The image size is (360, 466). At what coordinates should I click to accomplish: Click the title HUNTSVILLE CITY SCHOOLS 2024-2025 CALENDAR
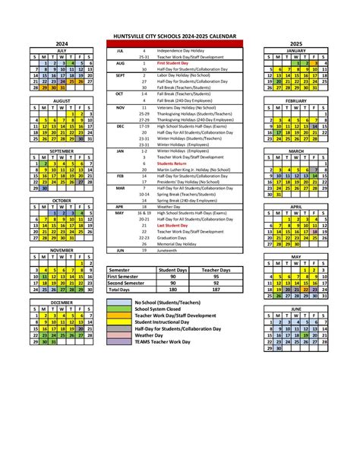pos(179,36)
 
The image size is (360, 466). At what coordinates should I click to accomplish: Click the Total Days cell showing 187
pos(216,290)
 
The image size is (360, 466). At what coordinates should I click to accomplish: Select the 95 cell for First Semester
pos(216,277)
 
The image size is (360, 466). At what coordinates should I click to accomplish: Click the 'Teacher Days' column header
pos(216,270)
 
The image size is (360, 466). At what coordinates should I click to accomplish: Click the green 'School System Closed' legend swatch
pos(120,309)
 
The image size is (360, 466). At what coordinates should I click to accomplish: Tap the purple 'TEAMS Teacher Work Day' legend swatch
pos(120,341)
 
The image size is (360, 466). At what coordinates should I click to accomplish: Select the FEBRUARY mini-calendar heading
pos(295,100)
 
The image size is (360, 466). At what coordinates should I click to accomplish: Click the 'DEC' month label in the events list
pos(120,125)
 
